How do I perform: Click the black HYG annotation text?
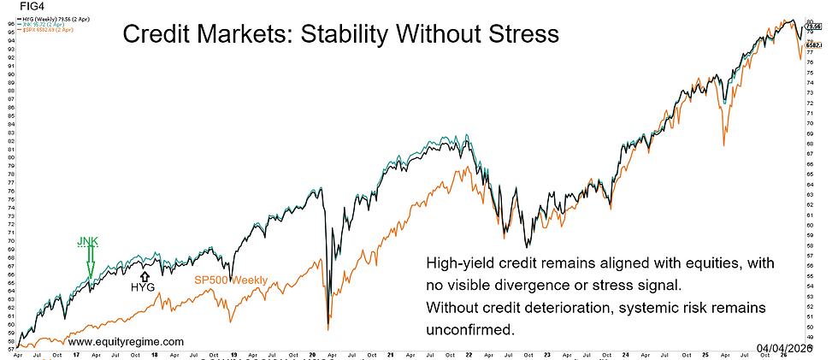coord(144,288)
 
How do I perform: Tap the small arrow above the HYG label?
coord(144,275)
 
